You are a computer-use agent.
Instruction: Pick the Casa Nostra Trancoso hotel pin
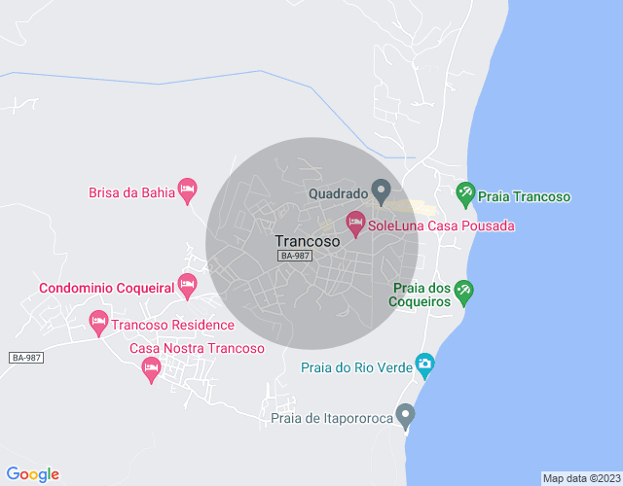tap(151, 367)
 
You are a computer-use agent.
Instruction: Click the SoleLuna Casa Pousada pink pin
tap(356, 223)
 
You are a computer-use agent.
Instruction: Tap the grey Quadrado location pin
tap(382, 190)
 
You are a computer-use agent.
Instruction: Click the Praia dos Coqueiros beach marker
tap(465, 291)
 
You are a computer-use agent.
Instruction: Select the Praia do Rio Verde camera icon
tap(424, 365)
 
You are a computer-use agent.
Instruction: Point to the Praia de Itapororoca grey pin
tap(406, 415)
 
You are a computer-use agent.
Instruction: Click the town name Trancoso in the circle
tap(307, 240)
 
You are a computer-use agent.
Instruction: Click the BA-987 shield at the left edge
tap(26, 358)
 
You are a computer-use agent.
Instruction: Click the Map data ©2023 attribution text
tap(580, 478)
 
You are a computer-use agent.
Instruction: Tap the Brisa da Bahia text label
tap(131, 192)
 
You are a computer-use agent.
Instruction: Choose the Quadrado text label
tap(337, 192)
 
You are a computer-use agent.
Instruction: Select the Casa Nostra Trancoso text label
tap(197, 349)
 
